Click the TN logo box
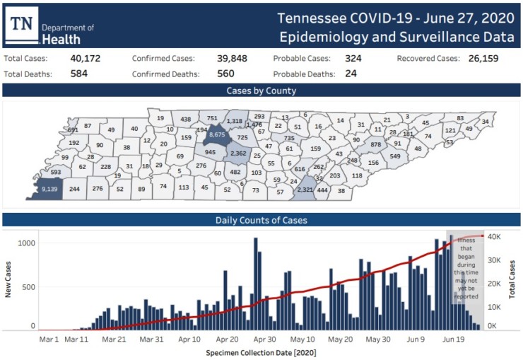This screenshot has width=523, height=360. click(24, 24)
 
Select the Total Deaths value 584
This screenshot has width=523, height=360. click(79, 74)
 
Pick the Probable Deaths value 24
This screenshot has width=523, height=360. click(351, 74)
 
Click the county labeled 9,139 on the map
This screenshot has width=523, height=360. click(49, 189)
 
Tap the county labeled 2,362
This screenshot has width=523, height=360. click(238, 153)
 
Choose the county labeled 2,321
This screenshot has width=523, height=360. click(305, 190)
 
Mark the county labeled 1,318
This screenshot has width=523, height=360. click(235, 122)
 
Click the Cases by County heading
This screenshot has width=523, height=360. click(261, 91)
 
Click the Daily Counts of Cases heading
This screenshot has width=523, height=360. click(261, 220)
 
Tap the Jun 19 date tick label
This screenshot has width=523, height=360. click(452, 339)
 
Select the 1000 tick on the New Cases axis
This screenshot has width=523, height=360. click(26, 243)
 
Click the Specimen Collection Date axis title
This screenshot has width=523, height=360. click(261, 352)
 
